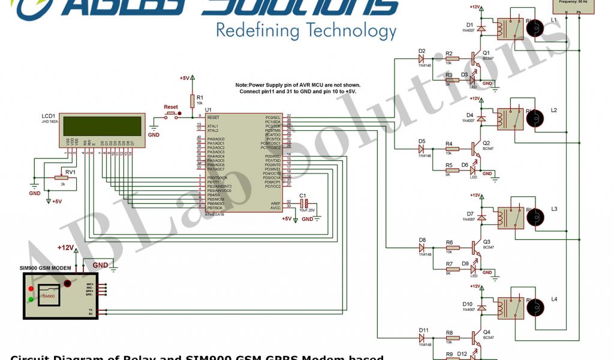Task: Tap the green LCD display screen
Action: coord(103,127)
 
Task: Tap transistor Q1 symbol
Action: coord(475,59)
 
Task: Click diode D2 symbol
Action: coord(425,59)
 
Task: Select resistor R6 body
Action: coord(452,247)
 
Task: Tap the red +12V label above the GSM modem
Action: coord(65,247)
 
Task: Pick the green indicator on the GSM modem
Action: coord(31,299)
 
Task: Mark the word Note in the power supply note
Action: coord(244,85)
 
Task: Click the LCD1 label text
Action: coord(49,115)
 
